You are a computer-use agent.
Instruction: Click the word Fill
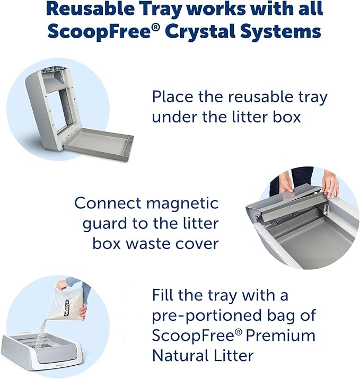pos(165,295)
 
